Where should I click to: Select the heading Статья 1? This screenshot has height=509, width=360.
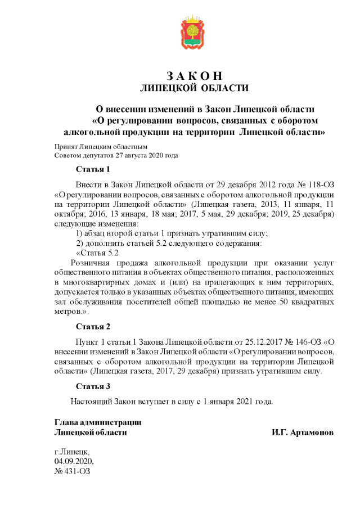[93, 169]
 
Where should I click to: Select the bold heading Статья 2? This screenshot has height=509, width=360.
[93, 326]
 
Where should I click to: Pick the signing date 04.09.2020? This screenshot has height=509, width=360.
[73, 461]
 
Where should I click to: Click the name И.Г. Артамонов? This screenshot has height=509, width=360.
[302, 433]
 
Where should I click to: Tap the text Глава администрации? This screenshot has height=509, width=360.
[97, 422]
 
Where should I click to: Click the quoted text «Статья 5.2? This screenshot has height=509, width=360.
[97, 253]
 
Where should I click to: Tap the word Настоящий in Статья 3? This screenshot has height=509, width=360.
[91, 402]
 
